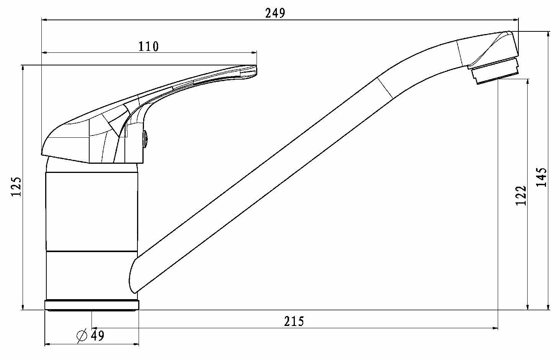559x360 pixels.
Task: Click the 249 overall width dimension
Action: pyautogui.click(x=275, y=13)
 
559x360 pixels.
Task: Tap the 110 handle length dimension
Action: pyautogui.click(x=149, y=47)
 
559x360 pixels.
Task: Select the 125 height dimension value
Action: pyautogui.click(x=17, y=187)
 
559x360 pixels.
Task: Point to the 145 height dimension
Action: pyautogui.click(x=541, y=177)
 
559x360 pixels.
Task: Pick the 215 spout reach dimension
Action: pyautogui.click(x=294, y=321)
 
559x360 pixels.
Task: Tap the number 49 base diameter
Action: pyautogui.click(x=98, y=336)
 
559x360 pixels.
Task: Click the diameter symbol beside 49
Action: pyautogui.click(x=82, y=336)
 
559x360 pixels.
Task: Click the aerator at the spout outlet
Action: pyautogui.click(x=495, y=74)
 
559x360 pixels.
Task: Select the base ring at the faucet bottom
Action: pyautogui.click(x=92, y=305)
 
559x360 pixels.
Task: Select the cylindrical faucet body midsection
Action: pyautogui.click(x=92, y=212)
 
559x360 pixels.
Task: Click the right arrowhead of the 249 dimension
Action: pyautogui.click(x=516, y=20)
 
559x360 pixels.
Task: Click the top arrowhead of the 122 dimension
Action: pyautogui.click(x=528, y=83)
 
